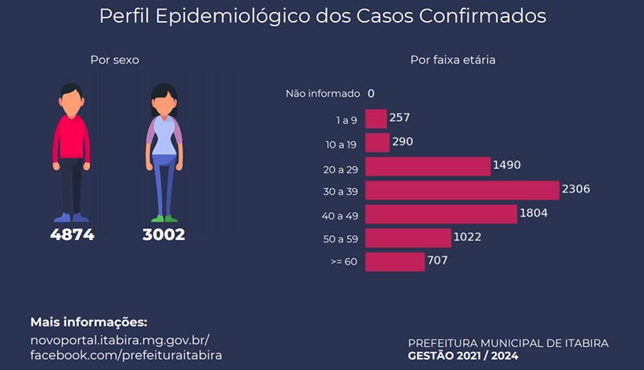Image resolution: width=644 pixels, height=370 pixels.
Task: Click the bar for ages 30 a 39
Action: (x=462, y=190)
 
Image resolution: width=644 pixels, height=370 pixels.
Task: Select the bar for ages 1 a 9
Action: (x=376, y=118)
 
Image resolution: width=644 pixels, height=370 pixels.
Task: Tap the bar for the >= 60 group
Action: (x=394, y=262)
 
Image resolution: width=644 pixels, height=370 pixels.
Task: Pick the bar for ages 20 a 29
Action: (x=428, y=167)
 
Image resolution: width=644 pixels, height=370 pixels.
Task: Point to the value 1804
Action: (x=534, y=213)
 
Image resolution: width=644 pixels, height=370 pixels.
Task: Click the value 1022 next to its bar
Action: (x=468, y=237)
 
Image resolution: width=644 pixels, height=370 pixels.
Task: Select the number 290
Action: (x=402, y=141)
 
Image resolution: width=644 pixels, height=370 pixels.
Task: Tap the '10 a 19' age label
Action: (x=341, y=145)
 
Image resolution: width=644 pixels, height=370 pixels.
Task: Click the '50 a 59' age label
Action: (x=341, y=239)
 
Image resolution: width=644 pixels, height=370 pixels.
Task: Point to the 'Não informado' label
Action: (x=323, y=94)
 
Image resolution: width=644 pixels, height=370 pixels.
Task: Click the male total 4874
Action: (x=72, y=235)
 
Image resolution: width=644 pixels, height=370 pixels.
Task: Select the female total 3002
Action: (x=164, y=235)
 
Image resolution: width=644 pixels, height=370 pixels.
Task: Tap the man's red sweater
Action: (x=72, y=139)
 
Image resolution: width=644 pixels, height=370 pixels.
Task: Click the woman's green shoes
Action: (x=164, y=218)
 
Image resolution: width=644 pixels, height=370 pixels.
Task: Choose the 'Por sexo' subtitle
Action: (x=114, y=60)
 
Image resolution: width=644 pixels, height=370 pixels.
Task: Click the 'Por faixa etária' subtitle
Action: (x=452, y=60)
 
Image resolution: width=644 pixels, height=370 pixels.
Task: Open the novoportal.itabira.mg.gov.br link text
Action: (x=120, y=340)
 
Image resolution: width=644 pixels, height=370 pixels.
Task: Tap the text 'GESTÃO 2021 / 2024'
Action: (x=463, y=355)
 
